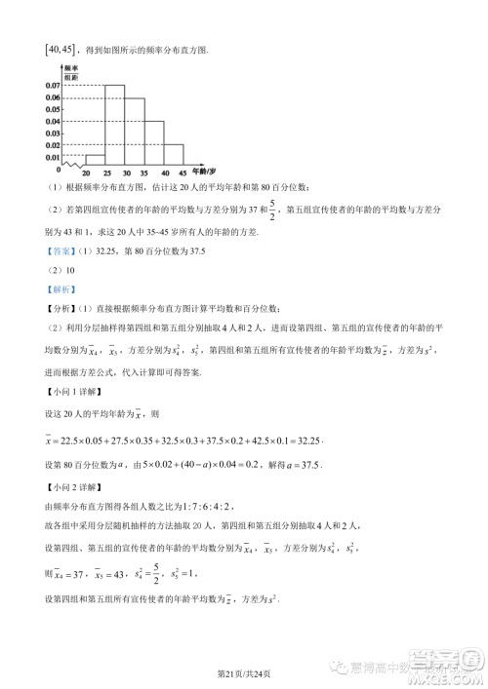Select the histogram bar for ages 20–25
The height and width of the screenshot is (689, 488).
(x=95, y=159)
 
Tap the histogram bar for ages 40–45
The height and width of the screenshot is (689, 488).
(x=173, y=154)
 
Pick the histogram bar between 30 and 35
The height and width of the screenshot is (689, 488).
(x=134, y=131)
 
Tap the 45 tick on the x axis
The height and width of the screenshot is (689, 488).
(x=183, y=172)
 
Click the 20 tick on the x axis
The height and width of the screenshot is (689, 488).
(x=86, y=172)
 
